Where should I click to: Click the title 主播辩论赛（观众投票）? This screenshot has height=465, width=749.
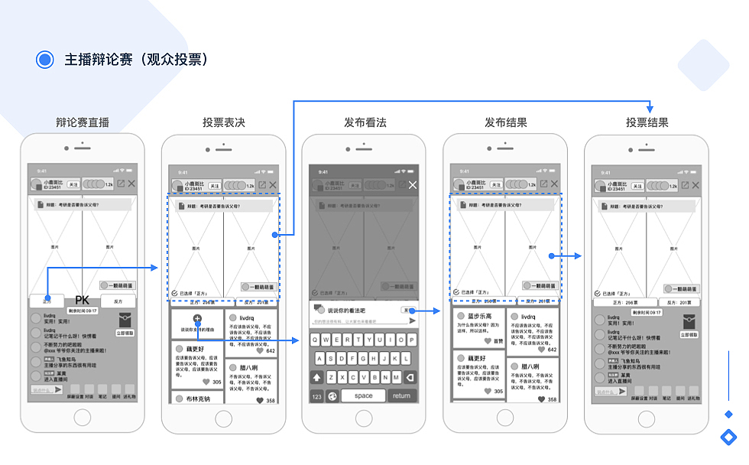(x=136, y=60)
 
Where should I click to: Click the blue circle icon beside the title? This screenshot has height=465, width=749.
(x=45, y=60)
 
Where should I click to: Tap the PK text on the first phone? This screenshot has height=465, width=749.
(x=83, y=301)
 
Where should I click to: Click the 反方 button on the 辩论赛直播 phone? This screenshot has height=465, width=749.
(x=118, y=301)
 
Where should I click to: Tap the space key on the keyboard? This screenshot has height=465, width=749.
(x=364, y=395)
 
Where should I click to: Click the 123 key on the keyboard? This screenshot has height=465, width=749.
(x=316, y=395)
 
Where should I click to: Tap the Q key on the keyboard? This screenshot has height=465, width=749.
(x=316, y=340)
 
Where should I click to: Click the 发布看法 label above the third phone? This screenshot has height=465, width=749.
(x=365, y=122)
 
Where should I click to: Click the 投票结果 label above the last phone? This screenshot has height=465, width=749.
(x=647, y=122)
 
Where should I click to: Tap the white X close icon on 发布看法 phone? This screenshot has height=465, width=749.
(x=413, y=185)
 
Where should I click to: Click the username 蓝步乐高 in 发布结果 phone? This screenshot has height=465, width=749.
(x=479, y=316)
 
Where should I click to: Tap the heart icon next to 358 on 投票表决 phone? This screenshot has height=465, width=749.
(x=259, y=400)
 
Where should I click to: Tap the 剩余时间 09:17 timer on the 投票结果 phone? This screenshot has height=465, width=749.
(x=647, y=312)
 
